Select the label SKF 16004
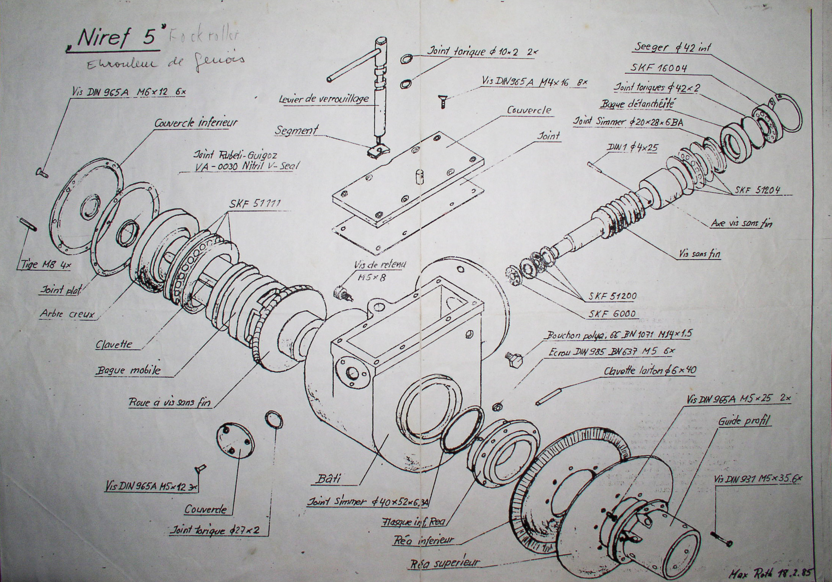[x=658, y=68]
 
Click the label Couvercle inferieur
[x=196, y=123]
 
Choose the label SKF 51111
[x=254, y=204]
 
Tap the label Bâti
[x=328, y=478]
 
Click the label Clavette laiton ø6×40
[x=650, y=370]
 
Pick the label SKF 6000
[x=612, y=314]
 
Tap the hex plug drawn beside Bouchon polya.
[x=514, y=359]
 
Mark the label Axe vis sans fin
[x=741, y=224]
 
